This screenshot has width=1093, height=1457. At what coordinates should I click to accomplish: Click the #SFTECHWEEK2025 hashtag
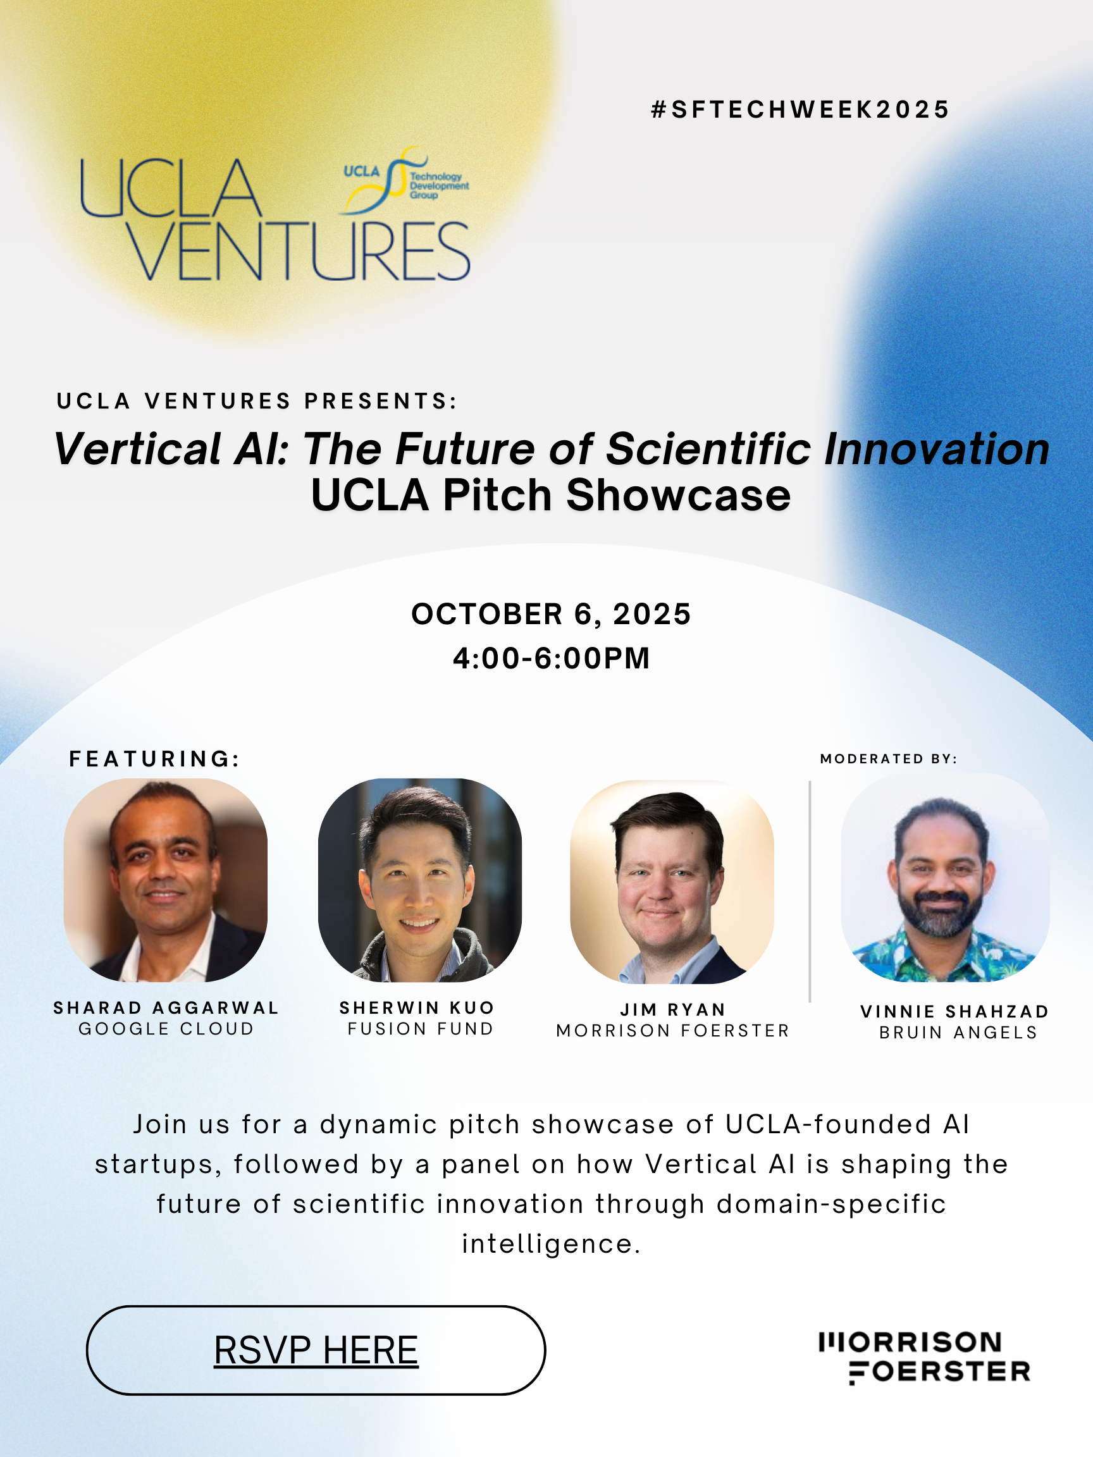[800, 109]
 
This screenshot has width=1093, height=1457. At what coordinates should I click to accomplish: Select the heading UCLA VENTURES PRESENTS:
[256, 400]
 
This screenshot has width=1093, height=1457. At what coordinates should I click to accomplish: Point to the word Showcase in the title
[679, 495]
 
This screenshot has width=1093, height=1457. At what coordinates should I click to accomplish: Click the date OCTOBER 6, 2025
[551, 614]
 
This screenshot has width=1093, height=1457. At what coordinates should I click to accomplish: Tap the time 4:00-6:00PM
[552, 658]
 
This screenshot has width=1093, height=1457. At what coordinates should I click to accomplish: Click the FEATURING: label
[154, 759]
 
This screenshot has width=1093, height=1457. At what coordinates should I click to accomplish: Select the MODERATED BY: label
[889, 759]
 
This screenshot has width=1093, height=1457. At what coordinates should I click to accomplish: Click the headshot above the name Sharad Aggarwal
[165, 880]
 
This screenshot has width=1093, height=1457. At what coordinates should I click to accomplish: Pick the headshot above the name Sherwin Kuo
[419, 880]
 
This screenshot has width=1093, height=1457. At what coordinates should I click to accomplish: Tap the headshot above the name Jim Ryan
[672, 882]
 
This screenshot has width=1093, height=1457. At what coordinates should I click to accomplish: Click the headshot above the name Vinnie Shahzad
[946, 878]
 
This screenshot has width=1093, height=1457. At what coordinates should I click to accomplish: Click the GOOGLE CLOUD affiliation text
[166, 1028]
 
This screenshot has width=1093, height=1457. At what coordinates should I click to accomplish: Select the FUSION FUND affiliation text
[421, 1028]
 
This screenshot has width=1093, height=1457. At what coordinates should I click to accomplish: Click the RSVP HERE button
[316, 1349]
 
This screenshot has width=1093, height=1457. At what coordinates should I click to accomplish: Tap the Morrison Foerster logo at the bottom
[925, 1358]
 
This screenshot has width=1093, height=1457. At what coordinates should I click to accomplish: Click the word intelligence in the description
[551, 1244]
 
